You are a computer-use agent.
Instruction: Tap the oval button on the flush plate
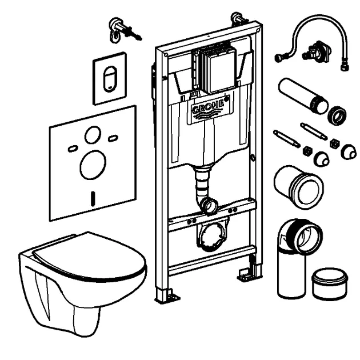pos(110,79)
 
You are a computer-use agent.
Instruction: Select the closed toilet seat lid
pos(90,257)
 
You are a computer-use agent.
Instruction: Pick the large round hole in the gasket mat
pos(93,165)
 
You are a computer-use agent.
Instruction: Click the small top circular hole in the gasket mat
pos(93,135)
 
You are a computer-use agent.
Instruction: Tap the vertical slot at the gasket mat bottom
pos(93,199)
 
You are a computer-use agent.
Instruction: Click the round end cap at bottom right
pos(330,283)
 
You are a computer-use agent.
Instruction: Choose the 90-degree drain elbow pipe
pos(298,257)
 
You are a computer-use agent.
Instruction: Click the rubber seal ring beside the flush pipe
pos(337,115)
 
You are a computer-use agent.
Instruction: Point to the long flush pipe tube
pos(303,95)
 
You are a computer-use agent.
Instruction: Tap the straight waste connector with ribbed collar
pos(298,186)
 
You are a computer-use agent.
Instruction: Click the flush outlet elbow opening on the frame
pos(209,205)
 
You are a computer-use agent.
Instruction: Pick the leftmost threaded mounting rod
pos(286,139)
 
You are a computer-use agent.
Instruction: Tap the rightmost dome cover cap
pos(349,151)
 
